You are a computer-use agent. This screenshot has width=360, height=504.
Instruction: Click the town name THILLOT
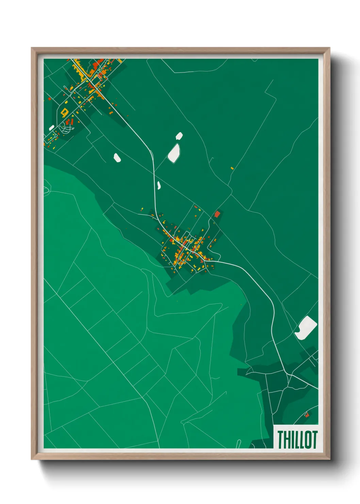(297, 439)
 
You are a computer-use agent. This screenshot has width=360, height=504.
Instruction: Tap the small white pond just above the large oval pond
(179, 136)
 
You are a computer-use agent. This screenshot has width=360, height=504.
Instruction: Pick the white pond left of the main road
(117, 158)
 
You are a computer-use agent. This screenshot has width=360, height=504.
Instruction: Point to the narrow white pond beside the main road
(159, 185)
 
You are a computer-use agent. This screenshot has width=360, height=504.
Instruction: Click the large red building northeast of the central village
(217, 214)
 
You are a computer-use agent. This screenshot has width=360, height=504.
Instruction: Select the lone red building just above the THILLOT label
(307, 414)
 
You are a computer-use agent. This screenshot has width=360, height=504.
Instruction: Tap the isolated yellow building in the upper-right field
(232, 168)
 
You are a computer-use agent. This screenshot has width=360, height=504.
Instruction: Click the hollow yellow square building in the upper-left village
(64, 111)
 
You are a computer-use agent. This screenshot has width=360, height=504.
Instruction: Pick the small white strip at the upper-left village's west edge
(52, 128)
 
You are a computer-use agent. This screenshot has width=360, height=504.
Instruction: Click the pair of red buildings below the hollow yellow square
(70, 121)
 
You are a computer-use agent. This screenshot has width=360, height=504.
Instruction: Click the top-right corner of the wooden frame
(329, 48)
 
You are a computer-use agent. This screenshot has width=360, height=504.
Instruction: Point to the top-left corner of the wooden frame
(32, 48)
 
